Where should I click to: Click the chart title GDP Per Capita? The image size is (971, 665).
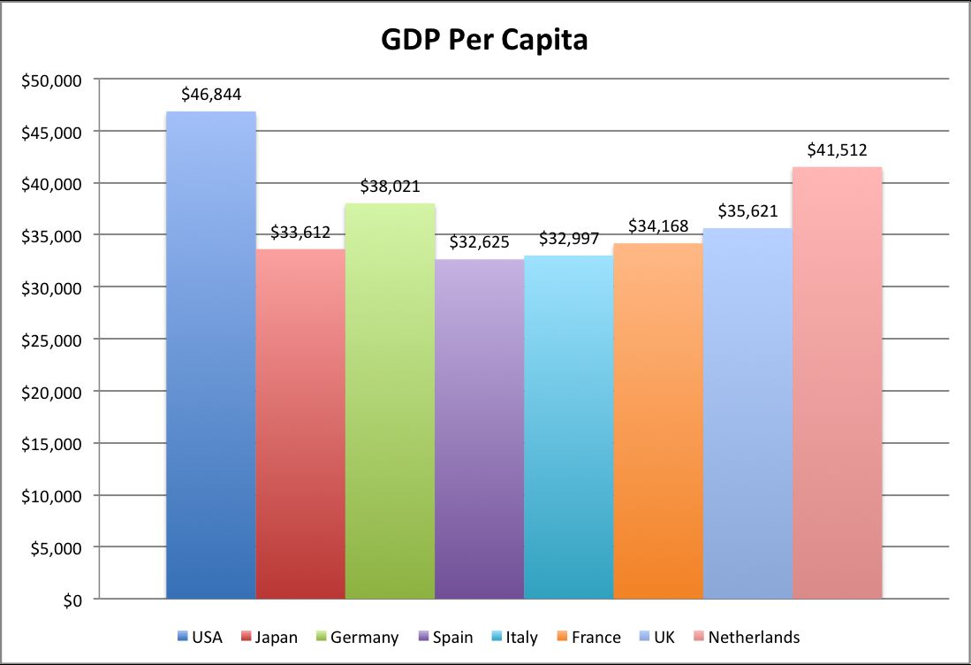pyautogui.click(x=484, y=40)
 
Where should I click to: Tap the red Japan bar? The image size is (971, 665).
pyautogui.click(x=300, y=424)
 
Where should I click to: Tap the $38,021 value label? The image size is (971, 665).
pyautogui.click(x=390, y=187)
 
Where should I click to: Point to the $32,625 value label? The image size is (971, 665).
pyautogui.click(x=479, y=241)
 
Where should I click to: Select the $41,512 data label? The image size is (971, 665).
pyautogui.click(x=837, y=150)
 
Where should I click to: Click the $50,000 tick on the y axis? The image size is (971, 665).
pyautogui.click(x=51, y=80)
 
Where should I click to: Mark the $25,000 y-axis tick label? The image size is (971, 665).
pyautogui.click(x=51, y=340)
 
